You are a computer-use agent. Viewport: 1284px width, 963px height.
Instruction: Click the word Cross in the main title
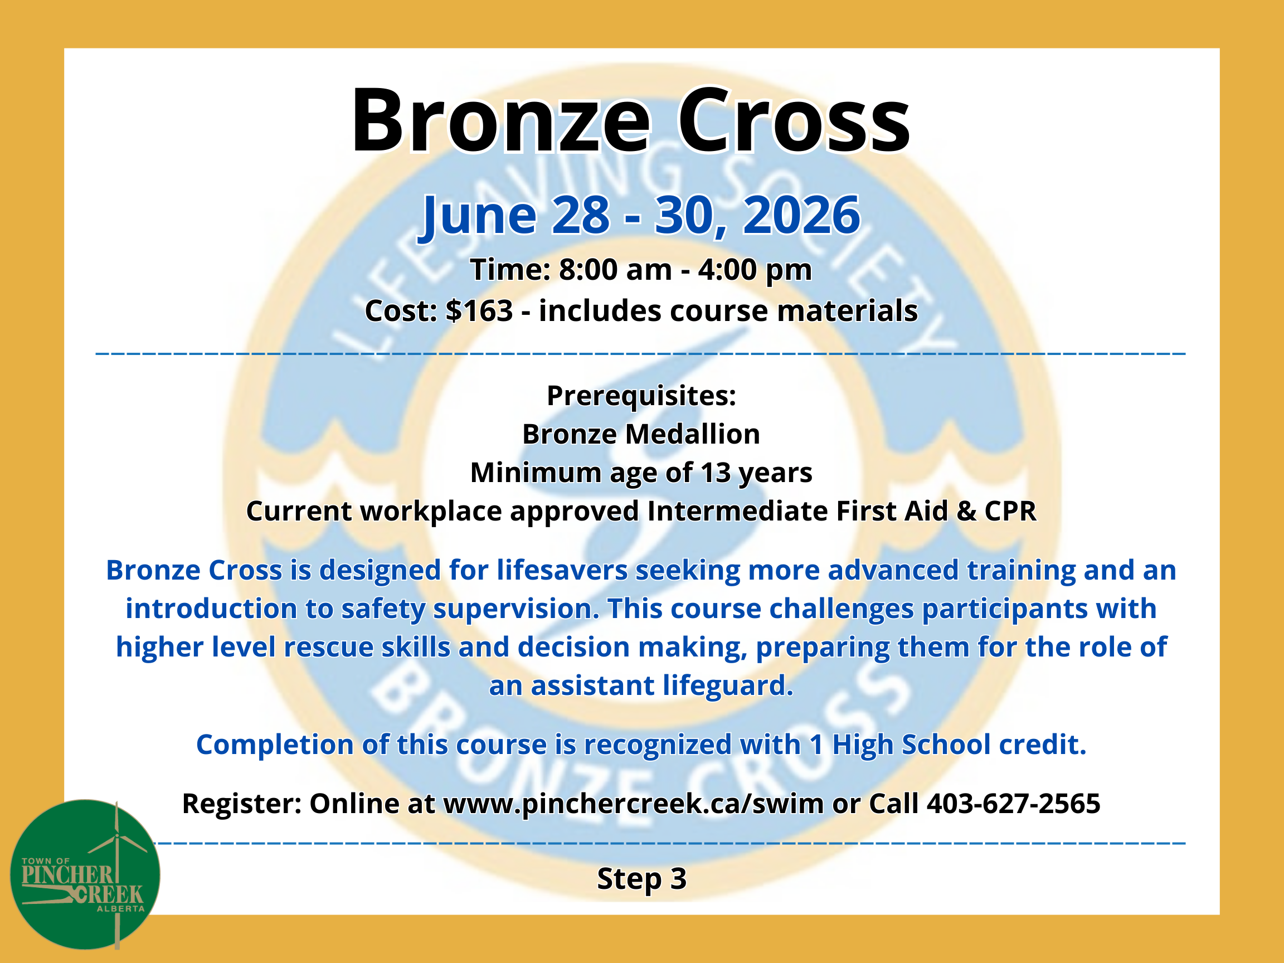tap(794, 120)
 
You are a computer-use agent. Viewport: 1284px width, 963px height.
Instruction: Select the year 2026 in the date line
tap(801, 215)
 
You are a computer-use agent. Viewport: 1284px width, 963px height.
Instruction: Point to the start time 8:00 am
tap(615, 269)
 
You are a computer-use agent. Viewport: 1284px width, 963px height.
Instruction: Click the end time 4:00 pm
tap(755, 270)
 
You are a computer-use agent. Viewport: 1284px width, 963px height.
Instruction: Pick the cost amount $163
tap(479, 310)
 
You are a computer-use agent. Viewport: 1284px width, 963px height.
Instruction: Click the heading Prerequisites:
tap(641, 396)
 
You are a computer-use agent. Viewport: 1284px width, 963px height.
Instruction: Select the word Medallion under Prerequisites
tap(693, 434)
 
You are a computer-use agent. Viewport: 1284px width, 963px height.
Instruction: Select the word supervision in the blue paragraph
tap(517, 610)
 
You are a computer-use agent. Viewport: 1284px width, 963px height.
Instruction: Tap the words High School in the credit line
tap(911, 745)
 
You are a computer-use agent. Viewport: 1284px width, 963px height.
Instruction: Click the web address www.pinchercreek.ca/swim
tap(633, 804)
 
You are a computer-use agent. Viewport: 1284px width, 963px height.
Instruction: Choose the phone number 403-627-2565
tap(1014, 804)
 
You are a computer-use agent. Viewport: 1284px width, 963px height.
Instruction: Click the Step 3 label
tap(641, 879)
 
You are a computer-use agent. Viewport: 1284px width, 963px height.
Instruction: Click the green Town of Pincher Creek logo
tap(85, 875)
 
